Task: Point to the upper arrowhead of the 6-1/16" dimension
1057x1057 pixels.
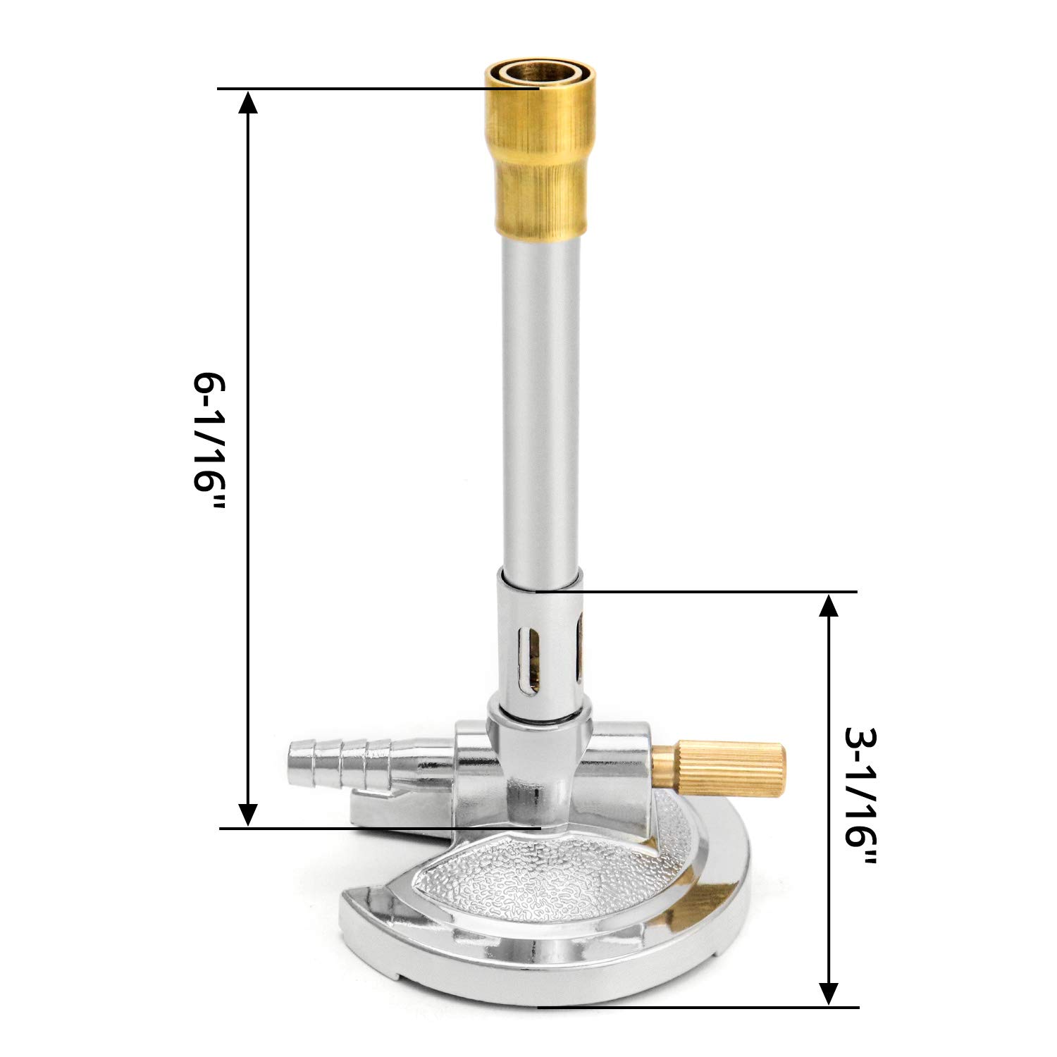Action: pyautogui.click(x=247, y=103)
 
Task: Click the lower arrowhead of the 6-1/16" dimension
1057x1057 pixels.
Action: pyautogui.click(x=247, y=813)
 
